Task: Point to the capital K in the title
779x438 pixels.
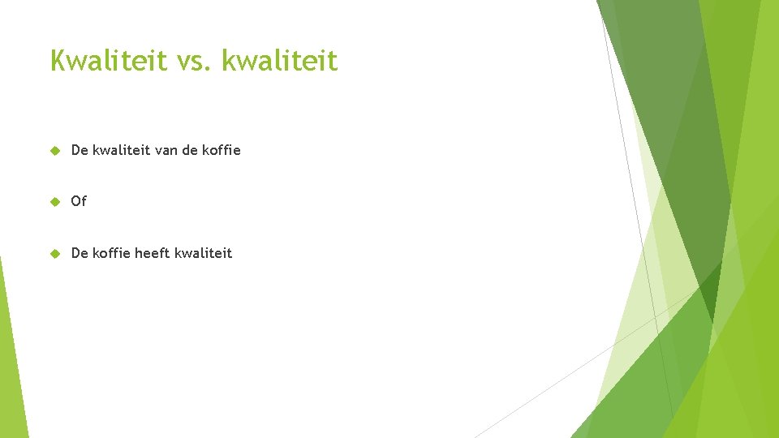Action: click(x=58, y=60)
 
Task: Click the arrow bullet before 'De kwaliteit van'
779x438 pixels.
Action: click(x=54, y=150)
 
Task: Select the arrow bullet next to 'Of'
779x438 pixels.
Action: click(x=54, y=201)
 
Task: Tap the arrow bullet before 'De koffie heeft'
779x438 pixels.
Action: click(x=54, y=253)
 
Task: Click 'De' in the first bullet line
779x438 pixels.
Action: click(x=80, y=150)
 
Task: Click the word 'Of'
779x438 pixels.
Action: click(x=79, y=201)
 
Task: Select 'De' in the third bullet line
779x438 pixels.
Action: click(x=80, y=253)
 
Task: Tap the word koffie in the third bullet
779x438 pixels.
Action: click(x=110, y=253)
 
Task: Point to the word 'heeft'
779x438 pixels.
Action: click(x=153, y=253)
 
